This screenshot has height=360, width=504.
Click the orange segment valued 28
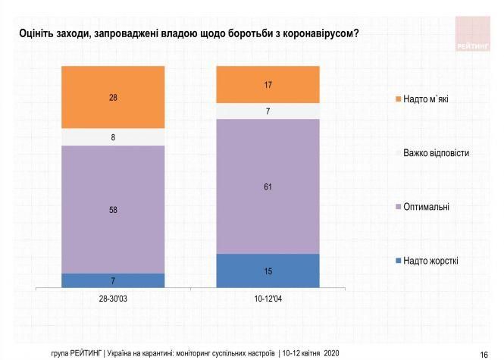pyautogui.click(x=113, y=97)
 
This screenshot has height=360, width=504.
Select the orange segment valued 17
pyautogui.click(x=268, y=84)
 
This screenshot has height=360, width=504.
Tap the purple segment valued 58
pyautogui.click(x=113, y=209)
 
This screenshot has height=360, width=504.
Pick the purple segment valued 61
pyautogui.click(x=268, y=186)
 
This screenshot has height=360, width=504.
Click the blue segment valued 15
pyautogui.click(x=268, y=271)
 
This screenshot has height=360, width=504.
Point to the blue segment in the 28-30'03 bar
pyautogui.click(x=113, y=281)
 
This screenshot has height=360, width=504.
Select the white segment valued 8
pyautogui.click(x=113, y=137)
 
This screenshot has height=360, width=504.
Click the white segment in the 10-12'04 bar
pyautogui.click(x=268, y=111)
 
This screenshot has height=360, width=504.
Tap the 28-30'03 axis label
pyautogui.click(x=113, y=299)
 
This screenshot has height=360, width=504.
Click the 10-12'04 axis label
pyautogui.click(x=268, y=299)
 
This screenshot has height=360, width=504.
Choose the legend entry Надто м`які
pyautogui.click(x=426, y=99)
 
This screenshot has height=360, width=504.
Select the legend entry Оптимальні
pyautogui.click(x=427, y=207)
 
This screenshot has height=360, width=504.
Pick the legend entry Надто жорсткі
pyautogui.click(x=430, y=261)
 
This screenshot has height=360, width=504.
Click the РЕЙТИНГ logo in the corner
pyautogui.click(x=474, y=34)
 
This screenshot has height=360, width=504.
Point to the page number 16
pyautogui.click(x=484, y=354)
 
